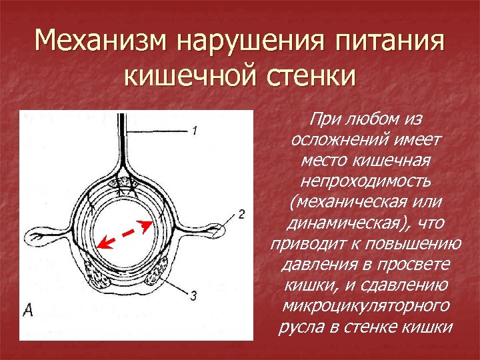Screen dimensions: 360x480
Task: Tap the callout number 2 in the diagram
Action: (241, 215)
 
